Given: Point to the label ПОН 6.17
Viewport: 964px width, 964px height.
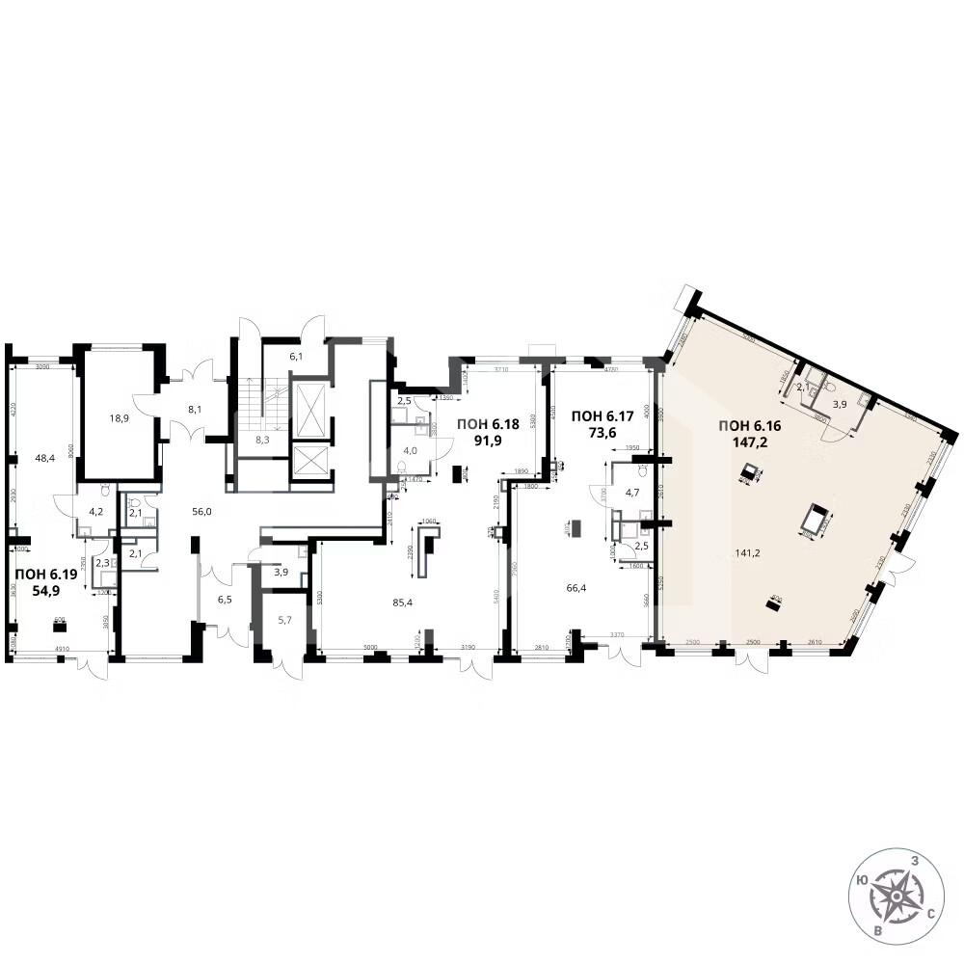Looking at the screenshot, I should (x=603, y=415).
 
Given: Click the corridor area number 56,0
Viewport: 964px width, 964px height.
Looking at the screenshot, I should (x=201, y=512).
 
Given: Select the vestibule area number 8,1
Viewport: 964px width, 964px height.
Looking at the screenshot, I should (x=194, y=409).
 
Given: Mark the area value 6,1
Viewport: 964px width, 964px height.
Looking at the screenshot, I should (x=296, y=357).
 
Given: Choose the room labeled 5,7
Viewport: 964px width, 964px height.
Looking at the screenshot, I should (x=284, y=621).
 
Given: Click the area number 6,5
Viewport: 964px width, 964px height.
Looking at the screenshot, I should (x=224, y=601).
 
